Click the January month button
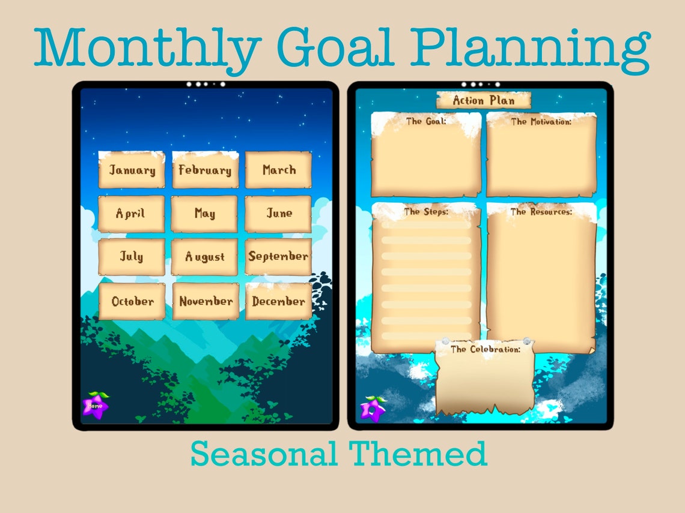[132, 170]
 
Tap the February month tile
[205, 170]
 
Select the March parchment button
[278, 170]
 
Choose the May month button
[205, 214]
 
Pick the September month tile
[278, 257]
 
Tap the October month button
[132, 301]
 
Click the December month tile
[278, 301]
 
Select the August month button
[205, 257]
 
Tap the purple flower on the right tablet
[373, 409]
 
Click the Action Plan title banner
[484, 100]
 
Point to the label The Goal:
[426, 122]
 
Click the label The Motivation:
[541, 122]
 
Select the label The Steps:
[426, 212]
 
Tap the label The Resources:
[541, 212]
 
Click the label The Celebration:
[486, 349]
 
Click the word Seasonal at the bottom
[264, 454]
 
